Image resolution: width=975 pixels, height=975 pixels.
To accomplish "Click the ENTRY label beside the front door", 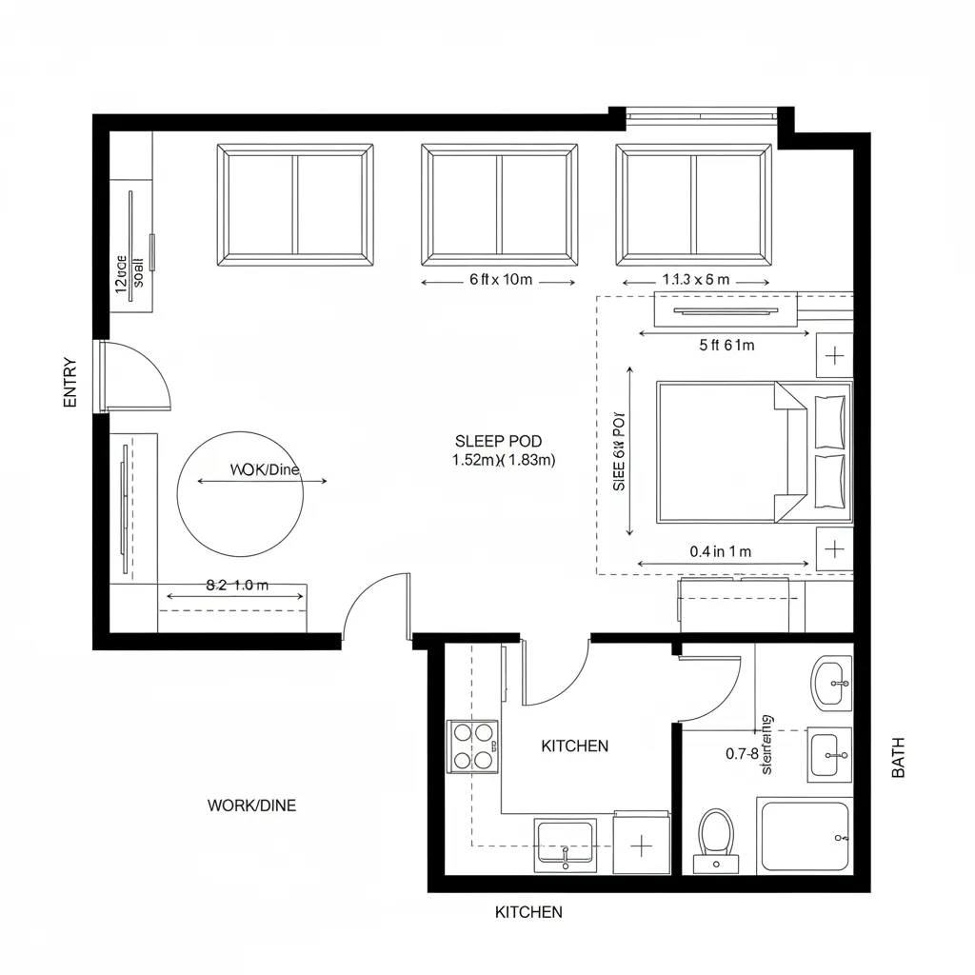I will point(70,383).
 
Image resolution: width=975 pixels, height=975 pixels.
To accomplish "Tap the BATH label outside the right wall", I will point(898,758).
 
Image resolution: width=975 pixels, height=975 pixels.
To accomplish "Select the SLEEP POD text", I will point(498,441).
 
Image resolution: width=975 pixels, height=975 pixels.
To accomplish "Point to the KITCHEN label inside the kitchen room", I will point(574,746).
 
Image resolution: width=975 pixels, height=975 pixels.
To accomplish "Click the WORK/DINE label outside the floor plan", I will point(251,806).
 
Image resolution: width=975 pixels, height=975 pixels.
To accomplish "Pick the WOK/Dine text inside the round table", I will point(265,469).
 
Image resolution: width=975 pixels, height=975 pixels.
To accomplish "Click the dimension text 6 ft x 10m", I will point(500,280).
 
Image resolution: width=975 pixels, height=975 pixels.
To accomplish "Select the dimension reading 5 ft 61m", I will point(726,346).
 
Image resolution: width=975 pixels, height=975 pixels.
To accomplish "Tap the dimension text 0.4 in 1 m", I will point(720,551).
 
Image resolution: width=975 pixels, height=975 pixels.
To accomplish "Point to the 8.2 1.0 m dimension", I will point(237,586).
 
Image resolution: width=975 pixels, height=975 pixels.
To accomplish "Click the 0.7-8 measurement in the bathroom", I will point(742,754).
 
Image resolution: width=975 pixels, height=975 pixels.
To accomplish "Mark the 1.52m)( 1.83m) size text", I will point(504,460).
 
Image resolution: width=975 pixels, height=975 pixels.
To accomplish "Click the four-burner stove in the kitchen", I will point(473,746).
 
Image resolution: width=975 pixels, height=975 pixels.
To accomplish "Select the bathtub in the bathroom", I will point(804,836).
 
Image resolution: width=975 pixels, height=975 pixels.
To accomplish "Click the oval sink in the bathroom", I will point(832,682).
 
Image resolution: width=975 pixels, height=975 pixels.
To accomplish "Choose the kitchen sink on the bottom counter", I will point(566,844).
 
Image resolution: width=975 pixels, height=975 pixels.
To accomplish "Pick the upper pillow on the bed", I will point(830,422).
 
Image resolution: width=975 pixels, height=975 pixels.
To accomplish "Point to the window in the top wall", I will point(701,116).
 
